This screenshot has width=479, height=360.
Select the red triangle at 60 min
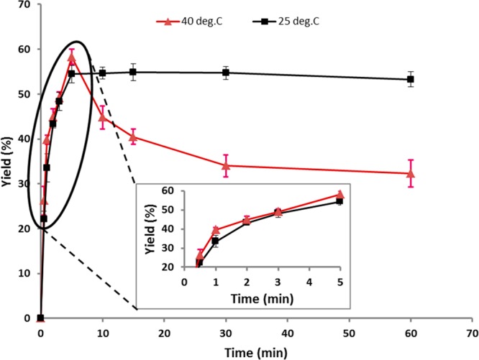(411, 173)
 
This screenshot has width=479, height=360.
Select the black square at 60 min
(411, 80)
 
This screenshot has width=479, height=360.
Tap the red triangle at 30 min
(226, 165)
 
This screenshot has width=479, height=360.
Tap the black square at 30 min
(226, 73)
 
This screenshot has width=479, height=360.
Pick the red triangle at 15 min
(133, 137)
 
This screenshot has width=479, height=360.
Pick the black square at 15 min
(133, 72)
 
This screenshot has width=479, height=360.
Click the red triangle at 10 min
(102, 117)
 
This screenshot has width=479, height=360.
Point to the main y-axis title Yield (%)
(9, 162)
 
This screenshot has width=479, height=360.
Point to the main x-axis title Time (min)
(256, 352)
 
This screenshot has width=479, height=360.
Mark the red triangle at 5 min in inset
(340, 195)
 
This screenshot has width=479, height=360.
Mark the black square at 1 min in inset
(215, 241)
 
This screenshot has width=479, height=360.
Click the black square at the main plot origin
(40, 318)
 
